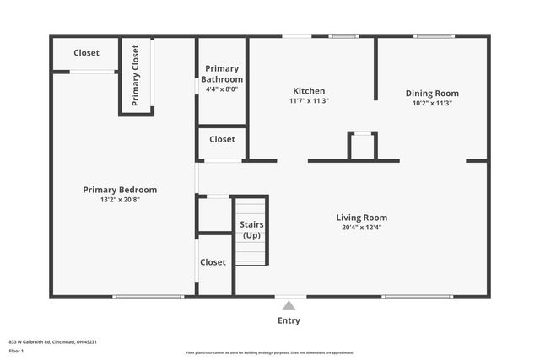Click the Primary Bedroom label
pyautogui.click(x=120, y=190)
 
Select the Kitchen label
pyautogui.click(x=309, y=91)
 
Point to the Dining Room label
pyautogui.click(x=432, y=94)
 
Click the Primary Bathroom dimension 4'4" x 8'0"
pyautogui.click(x=222, y=89)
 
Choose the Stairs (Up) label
pyautogui.click(x=251, y=229)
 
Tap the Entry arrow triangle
pyautogui.click(x=289, y=305)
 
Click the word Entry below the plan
pyautogui.click(x=289, y=320)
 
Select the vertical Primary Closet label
pyautogui.click(x=135, y=73)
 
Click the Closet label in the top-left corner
pyautogui.click(x=86, y=53)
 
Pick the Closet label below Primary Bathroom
pyautogui.click(x=222, y=139)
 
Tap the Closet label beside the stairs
pyautogui.click(x=213, y=262)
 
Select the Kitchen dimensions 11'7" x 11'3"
pyautogui.click(x=309, y=101)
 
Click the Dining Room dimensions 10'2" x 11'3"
pyautogui.click(x=432, y=104)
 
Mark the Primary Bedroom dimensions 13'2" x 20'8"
pyautogui.click(x=120, y=200)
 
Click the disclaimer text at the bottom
pyautogui.click(x=269, y=352)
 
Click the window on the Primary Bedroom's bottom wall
pyautogui.click(x=148, y=297)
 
